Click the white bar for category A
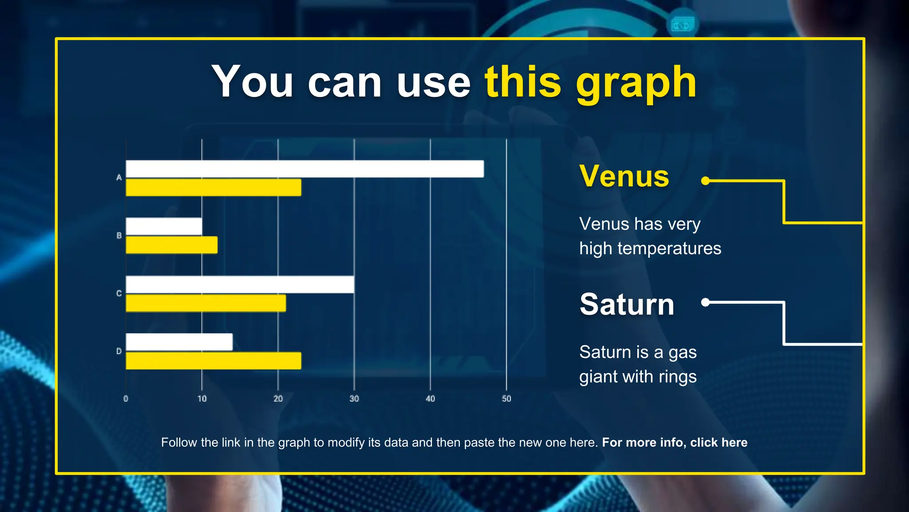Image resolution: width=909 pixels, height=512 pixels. tap(304, 169)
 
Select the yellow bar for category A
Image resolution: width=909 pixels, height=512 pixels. tap(213, 188)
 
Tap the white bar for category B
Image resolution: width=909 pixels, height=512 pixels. tap(164, 227)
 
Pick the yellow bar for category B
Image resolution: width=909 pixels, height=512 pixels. tap(172, 245)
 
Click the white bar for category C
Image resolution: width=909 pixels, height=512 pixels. tap(240, 284)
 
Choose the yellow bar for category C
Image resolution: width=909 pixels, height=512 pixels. tap(206, 303)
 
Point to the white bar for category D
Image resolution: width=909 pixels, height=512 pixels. tap(179, 342)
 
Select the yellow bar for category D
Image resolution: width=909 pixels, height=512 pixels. tap(213, 360)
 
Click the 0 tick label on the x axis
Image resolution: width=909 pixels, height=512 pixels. tap(126, 399)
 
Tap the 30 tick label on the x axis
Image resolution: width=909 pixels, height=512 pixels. tap(354, 399)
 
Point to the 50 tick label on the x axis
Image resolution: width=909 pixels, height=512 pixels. tap(506, 399)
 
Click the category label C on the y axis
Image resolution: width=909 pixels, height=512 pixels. tap(119, 293)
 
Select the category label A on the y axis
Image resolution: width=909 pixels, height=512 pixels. tap(119, 178)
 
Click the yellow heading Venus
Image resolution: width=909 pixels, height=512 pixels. tap(624, 176)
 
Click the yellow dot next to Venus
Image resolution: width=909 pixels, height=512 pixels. tap(705, 181)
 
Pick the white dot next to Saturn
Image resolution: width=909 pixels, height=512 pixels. tap(705, 303)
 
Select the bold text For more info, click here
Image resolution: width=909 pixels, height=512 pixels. tap(675, 443)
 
